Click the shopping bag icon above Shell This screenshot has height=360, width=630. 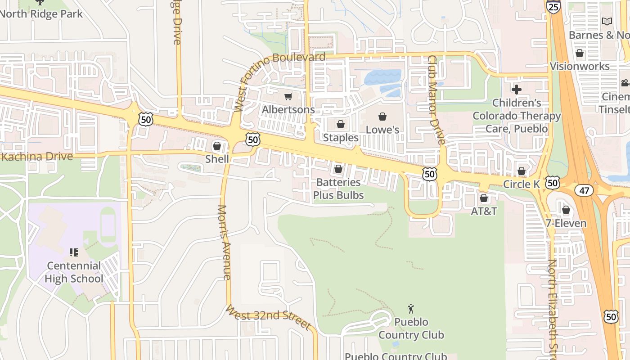pos(217,146)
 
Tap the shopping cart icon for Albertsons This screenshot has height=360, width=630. pos(288,96)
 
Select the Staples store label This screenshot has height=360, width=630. pos(341,138)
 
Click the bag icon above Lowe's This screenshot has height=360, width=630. pos(382,117)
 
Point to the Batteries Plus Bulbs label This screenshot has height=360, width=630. pos(338,189)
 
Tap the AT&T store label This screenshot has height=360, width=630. pos(484,211)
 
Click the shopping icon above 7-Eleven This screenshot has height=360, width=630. pos(566,210)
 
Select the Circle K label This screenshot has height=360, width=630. pos(521,184)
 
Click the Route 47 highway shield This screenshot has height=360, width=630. pos(584,190)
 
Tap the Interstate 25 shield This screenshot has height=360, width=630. pos(553,6)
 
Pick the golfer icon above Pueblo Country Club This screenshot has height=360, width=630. pos(410,309)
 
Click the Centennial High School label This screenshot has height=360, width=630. pos(74,272)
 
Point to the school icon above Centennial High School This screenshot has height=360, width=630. pos(74,252)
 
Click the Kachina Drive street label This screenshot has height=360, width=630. pos(37,157)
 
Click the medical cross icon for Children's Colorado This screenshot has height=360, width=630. pos(517,90)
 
